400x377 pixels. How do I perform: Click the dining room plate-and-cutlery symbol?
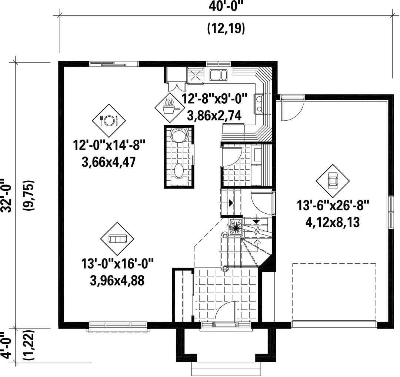click(109, 120)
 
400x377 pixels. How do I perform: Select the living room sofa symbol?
click(117, 239)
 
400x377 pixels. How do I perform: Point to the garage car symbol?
click(333, 181)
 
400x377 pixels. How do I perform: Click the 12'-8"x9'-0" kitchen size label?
click(214, 99)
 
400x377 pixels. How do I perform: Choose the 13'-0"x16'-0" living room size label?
click(117, 264)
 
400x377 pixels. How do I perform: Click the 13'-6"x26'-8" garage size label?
click(333, 206)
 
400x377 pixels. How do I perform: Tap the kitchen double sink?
click(219, 75)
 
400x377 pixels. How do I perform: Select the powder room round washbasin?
click(179, 135)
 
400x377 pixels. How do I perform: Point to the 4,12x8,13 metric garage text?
click(333, 223)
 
